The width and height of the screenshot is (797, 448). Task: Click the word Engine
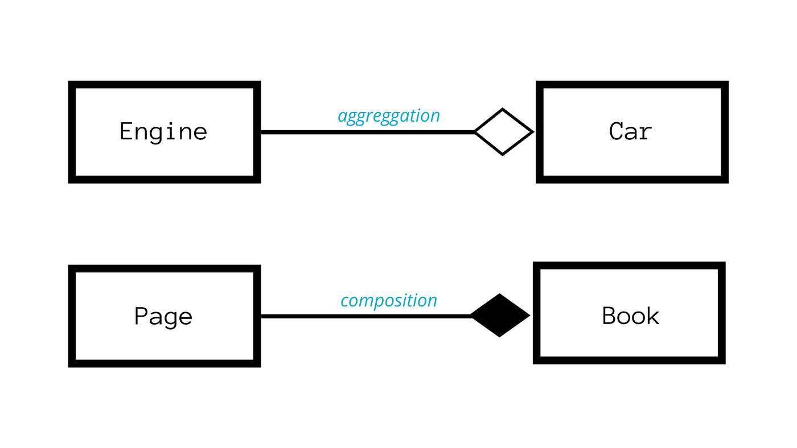click(x=163, y=132)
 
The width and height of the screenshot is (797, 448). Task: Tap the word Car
click(x=630, y=132)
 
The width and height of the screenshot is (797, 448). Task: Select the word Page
click(x=163, y=316)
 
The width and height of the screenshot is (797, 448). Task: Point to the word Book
click(x=630, y=316)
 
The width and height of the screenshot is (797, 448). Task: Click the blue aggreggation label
click(x=389, y=116)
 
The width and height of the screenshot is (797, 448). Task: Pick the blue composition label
click(x=389, y=301)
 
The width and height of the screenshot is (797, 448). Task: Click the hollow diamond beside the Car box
click(x=503, y=132)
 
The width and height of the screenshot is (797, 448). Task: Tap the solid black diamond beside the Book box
click(x=500, y=316)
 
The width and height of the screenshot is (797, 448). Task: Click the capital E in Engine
click(x=126, y=132)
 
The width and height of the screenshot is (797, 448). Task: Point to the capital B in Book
click(x=610, y=316)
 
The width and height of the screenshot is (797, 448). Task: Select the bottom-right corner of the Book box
click(x=722, y=360)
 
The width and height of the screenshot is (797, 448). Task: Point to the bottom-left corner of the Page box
click(x=72, y=364)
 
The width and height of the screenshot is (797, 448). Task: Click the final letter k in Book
click(x=652, y=316)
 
